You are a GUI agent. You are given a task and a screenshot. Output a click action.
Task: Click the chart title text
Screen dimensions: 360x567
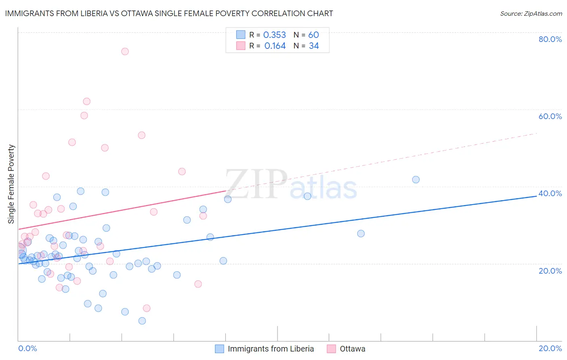click(x=169, y=13)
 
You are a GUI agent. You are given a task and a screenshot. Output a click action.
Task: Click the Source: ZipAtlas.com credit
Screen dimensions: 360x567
click(x=531, y=13)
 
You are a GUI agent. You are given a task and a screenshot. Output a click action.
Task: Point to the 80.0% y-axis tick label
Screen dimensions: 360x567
click(x=550, y=39)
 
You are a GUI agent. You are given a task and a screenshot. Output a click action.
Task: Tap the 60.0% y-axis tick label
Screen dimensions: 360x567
click(x=550, y=116)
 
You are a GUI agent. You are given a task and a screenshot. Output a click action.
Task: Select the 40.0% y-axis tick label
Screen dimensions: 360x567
click(x=550, y=193)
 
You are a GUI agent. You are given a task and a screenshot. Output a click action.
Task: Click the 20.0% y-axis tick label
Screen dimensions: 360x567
click(x=550, y=270)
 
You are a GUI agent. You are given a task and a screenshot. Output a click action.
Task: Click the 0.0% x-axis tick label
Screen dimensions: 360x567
click(x=27, y=348)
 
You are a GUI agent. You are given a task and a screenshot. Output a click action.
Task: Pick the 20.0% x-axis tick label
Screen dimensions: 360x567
click(x=550, y=348)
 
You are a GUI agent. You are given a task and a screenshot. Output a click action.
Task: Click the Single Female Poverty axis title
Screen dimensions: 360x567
click(x=11, y=184)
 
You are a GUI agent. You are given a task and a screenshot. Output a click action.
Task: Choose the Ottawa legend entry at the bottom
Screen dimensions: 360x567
click(x=352, y=349)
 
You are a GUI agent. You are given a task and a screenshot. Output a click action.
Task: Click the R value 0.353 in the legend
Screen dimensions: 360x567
click(x=274, y=35)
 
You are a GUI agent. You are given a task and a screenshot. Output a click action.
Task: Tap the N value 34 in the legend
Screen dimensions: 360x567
click(x=314, y=46)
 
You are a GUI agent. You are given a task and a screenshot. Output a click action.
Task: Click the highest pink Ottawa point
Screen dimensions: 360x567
click(x=125, y=51)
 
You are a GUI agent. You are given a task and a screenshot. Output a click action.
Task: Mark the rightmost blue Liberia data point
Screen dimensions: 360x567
click(x=416, y=180)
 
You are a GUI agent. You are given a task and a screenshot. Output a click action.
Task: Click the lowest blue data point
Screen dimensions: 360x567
click(x=142, y=321)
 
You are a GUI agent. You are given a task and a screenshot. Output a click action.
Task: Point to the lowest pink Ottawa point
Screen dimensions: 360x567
click(x=147, y=308)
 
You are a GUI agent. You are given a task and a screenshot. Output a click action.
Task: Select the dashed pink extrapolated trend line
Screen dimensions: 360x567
click(x=383, y=161)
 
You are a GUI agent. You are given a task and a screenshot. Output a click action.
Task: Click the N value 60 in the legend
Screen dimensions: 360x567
click(x=313, y=35)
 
